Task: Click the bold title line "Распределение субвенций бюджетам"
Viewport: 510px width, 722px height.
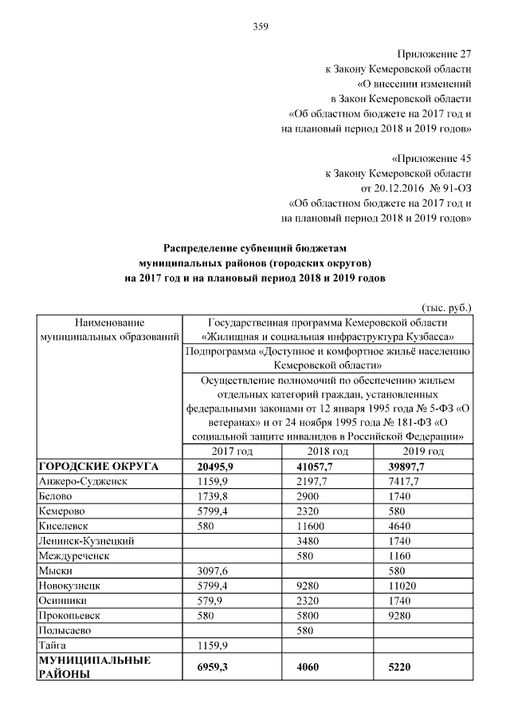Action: [255, 249]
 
